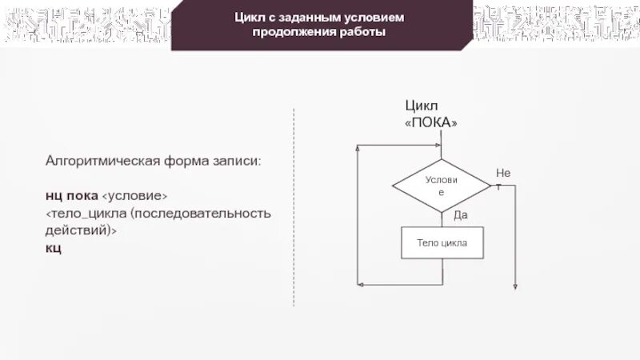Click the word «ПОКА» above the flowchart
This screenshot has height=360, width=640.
click(x=432, y=122)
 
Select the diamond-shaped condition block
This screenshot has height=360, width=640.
click(x=441, y=186)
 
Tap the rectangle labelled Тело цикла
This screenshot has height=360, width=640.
click(x=442, y=242)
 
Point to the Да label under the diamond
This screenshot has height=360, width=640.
click(x=460, y=214)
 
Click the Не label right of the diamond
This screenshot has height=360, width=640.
click(x=502, y=173)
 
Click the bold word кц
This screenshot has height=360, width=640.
click(x=53, y=248)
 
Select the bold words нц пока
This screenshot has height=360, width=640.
click(x=71, y=196)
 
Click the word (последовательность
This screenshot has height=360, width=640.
click(x=202, y=214)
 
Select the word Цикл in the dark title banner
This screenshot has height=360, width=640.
click(x=250, y=18)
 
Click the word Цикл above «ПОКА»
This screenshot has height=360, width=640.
click(x=422, y=106)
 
